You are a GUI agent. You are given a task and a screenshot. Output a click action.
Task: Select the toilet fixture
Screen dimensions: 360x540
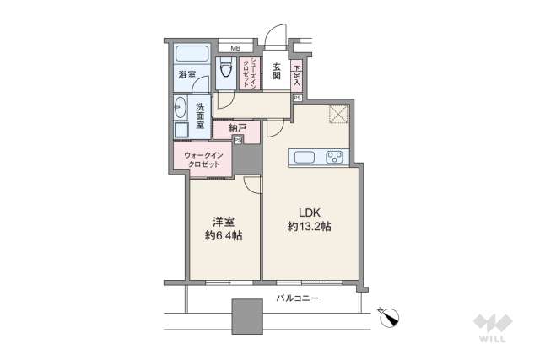(x=226, y=73)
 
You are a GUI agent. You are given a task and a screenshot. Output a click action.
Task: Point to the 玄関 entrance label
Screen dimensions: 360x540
(x=276, y=73)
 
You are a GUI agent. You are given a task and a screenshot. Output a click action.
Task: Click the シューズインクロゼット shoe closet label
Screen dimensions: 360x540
(x=250, y=71)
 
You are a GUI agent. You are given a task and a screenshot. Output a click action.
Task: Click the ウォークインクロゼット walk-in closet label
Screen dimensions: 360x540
(x=203, y=159)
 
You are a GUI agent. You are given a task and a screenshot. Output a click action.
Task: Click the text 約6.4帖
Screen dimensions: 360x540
(x=224, y=237)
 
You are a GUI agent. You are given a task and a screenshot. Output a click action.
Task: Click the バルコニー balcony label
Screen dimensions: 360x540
(x=297, y=298)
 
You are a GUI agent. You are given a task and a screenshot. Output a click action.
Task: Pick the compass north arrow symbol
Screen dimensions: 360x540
(x=391, y=316)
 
